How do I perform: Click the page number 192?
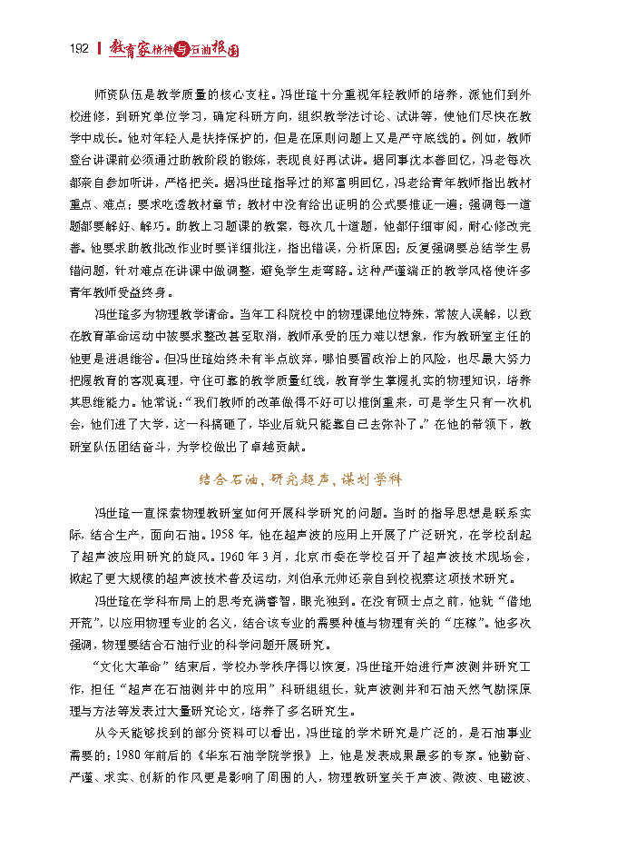tap(76, 49)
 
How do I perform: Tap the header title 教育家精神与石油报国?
tap(173, 50)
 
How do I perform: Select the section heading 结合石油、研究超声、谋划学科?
tap(299, 478)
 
